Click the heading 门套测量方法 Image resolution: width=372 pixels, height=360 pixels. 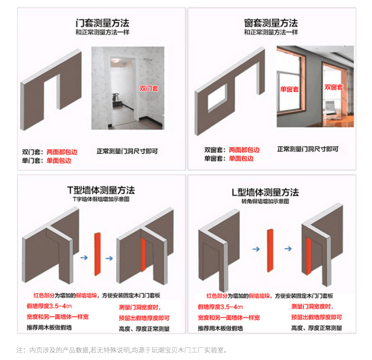point(102,23)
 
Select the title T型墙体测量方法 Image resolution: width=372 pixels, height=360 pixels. point(101,191)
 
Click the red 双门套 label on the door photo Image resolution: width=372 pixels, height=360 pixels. point(149,88)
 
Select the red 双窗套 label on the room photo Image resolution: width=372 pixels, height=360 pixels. point(333,87)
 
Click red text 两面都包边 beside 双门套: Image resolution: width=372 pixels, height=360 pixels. point(62,152)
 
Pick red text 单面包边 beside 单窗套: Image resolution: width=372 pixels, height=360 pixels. point(241,159)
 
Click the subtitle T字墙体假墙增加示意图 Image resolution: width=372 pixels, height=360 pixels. point(101,200)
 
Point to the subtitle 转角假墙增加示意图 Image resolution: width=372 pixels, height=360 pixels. point(265,201)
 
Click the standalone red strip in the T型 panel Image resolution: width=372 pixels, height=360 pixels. point(97,253)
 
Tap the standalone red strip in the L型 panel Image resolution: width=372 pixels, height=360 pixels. point(270,251)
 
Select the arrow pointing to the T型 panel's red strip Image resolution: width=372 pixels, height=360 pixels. point(84,258)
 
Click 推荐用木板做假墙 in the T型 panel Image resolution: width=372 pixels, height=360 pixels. point(49,328)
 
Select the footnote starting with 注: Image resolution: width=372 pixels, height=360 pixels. point(122,350)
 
